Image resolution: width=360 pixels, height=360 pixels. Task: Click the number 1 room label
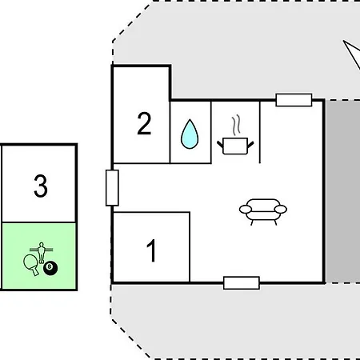tap(151, 250)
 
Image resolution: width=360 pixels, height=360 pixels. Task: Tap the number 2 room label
tap(144, 123)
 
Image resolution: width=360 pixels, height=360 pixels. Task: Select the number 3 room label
tap(41, 186)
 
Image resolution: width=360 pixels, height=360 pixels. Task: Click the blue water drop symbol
tap(190, 134)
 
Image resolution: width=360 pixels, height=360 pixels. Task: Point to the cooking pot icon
tap(235, 146)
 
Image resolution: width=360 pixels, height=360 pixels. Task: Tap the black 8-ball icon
tap(50, 269)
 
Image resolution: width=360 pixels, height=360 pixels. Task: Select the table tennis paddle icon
tap(31, 264)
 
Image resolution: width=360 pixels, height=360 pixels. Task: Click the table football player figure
tap(41, 252)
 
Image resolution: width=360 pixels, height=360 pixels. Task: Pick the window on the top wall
tap(294, 100)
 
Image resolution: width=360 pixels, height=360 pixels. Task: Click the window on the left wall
tap(112, 188)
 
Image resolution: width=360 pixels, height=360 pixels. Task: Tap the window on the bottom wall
tap(242, 283)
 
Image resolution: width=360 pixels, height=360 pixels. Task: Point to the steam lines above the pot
tap(236, 126)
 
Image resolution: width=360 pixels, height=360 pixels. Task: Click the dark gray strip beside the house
tap(343, 191)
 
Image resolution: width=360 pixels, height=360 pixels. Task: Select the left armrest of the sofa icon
tap(246, 210)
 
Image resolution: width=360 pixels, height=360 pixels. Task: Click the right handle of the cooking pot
tap(250, 145)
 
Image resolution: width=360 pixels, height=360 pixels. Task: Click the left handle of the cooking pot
tap(220, 145)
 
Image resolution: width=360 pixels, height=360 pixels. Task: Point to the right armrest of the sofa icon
tap(281, 210)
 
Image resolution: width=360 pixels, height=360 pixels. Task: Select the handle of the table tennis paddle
tap(35, 272)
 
